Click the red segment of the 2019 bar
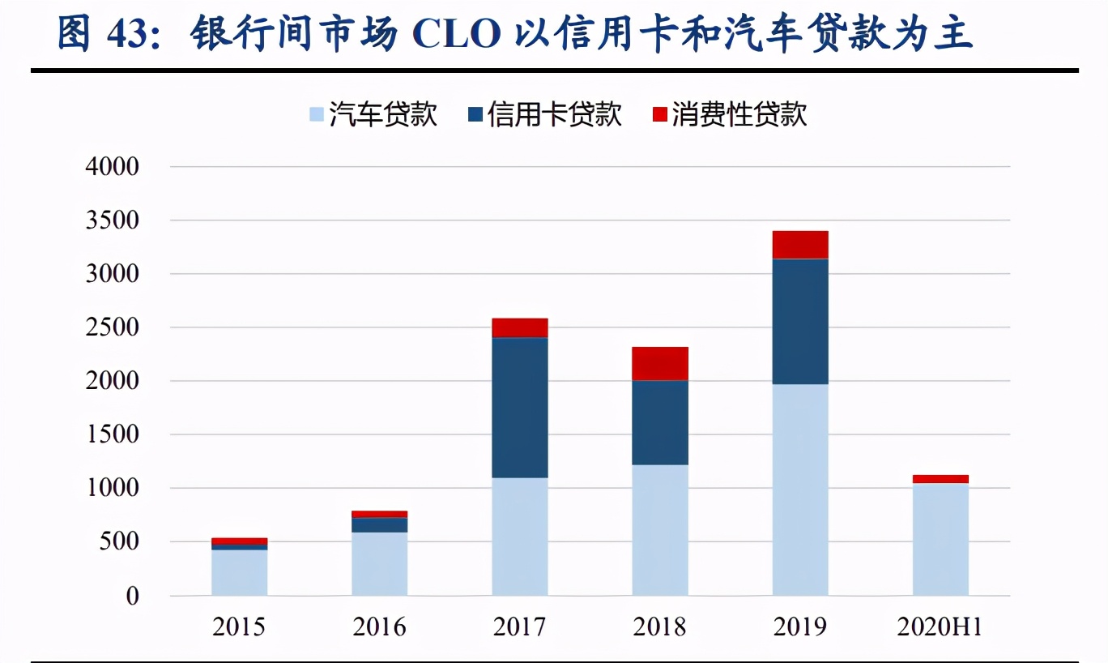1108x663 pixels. click(x=800, y=245)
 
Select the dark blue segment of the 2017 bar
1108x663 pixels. click(x=520, y=407)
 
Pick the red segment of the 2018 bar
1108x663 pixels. click(x=660, y=363)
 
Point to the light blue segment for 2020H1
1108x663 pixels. click(x=940, y=539)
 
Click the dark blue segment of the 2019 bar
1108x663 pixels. click(x=800, y=321)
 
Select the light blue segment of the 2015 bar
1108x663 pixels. click(x=240, y=572)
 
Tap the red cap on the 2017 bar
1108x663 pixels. click(x=520, y=327)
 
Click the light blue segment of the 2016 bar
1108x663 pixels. click(x=380, y=563)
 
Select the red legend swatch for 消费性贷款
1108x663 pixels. click(x=658, y=114)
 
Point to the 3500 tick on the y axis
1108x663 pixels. click(x=113, y=220)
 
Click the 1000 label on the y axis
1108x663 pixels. click(x=113, y=488)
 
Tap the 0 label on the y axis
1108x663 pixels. click(x=132, y=597)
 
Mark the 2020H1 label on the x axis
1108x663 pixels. click(x=940, y=627)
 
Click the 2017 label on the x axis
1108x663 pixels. click(x=519, y=627)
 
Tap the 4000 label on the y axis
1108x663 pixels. click(x=113, y=167)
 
